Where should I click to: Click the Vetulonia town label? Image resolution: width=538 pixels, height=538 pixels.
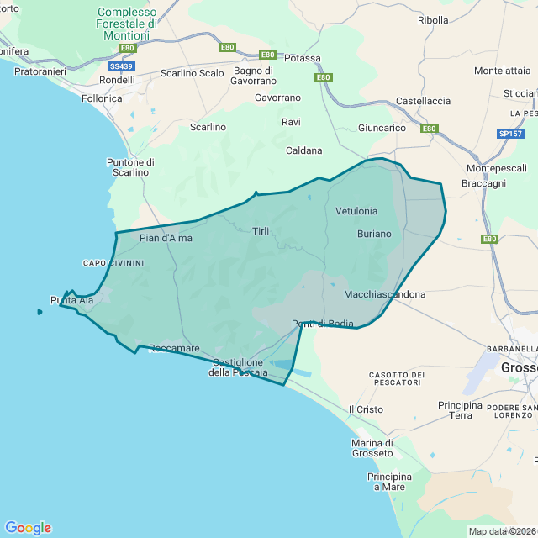click(x=356, y=211)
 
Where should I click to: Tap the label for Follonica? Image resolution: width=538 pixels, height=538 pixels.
click(x=102, y=98)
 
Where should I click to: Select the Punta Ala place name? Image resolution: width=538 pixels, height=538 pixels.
click(x=71, y=300)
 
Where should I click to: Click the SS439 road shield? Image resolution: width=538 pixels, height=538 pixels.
click(x=121, y=66)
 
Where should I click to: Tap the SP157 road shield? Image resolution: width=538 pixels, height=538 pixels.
click(x=509, y=134)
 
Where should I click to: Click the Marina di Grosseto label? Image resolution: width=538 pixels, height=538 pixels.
click(x=373, y=449)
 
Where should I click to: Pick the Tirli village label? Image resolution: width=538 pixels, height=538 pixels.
click(x=261, y=230)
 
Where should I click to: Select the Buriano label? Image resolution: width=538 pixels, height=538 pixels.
click(x=374, y=234)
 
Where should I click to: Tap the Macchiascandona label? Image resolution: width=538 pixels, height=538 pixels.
click(x=384, y=295)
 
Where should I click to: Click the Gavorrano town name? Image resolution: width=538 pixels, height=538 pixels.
click(x=277, y=98)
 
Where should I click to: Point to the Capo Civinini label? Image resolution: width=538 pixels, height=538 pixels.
click(x=113, y=263)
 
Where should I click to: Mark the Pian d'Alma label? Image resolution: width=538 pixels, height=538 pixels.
click(x=166, y=238)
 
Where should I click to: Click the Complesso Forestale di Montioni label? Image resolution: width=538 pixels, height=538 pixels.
click(x=127, y=24)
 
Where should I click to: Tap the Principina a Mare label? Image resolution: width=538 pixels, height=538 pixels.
click(x=389, y=482)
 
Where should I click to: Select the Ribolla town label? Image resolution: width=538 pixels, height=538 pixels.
click(x=433, y=19)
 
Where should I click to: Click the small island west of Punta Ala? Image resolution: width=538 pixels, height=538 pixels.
click(x=40, y=312)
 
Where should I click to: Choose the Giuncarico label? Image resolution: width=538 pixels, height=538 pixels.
click(x=382, y=128)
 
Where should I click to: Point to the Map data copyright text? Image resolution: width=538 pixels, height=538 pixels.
click(x=502, y=531)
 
